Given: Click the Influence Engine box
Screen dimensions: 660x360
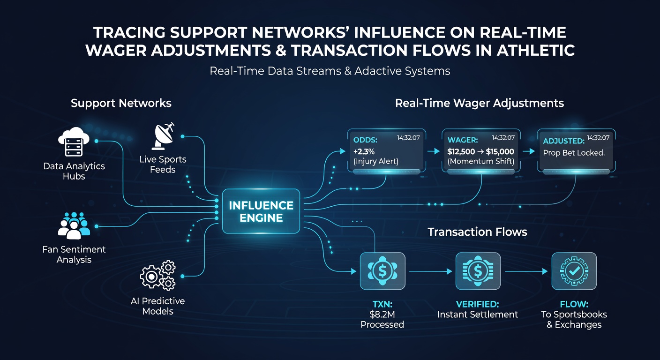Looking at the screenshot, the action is (261, 211).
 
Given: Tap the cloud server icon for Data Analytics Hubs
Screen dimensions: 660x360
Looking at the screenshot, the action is (74, 142).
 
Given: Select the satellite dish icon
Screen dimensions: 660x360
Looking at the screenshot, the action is (163, 136).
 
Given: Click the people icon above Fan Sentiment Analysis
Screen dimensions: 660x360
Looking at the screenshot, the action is (74, 225).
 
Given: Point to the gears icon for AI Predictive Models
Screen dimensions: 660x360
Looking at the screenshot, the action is (157, 275).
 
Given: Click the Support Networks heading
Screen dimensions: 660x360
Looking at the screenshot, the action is (121, 103).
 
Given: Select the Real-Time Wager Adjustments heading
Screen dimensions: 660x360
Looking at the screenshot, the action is (480, 104).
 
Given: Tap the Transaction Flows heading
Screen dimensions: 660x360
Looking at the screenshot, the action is (477, 232).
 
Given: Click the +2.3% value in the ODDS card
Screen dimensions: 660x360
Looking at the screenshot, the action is (364, 151).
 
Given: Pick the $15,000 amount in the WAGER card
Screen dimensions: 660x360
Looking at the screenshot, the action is (500, 151).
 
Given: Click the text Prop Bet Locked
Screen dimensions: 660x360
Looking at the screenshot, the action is (574, 153).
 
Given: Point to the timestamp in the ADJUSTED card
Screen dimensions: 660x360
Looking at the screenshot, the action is (598, 137).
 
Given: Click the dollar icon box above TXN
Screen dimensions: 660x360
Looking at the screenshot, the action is (382, 271).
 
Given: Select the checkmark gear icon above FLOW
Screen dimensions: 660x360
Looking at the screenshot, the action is (574, 271).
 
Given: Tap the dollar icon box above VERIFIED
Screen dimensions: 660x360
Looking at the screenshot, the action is (478, 271).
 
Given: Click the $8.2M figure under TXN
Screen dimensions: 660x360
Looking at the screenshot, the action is (382, 315).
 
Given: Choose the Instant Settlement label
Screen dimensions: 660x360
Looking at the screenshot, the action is (477, 315).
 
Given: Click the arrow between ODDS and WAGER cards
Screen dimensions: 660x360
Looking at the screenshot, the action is (434, 151).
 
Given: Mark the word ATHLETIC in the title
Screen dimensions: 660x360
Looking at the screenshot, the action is (536, 50).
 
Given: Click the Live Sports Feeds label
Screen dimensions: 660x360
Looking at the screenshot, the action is (163, 165).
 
